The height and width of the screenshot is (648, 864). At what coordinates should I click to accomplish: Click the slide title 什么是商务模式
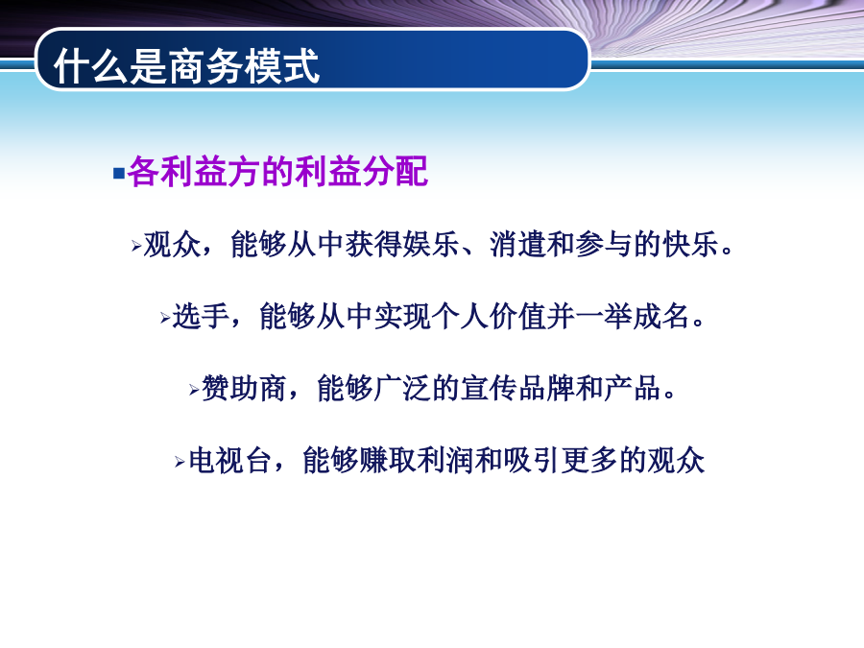(186, 66)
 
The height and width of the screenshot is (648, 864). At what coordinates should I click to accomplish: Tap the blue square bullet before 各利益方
(118, 174)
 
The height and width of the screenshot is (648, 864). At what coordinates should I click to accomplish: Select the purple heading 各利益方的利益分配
(277, 172)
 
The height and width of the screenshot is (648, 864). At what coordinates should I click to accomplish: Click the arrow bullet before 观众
(136, 246)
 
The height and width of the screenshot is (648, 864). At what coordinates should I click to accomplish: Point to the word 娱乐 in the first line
(431, 244)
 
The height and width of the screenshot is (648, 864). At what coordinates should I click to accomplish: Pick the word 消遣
(518, 244)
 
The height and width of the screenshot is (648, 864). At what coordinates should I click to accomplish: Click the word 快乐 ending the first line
(690, 244)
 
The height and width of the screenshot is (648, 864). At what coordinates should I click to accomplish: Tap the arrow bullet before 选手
(165, 318)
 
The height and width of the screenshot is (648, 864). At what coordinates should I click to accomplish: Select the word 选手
(201, 316)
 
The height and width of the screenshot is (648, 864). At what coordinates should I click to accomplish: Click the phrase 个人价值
(489, 316)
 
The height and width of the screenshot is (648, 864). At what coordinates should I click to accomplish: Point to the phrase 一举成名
(633, 316)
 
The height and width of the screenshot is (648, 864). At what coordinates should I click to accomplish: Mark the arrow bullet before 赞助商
(194, 390)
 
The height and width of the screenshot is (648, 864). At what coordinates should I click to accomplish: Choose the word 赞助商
(244, 388)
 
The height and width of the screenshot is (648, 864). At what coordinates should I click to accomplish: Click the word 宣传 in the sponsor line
(489, 388)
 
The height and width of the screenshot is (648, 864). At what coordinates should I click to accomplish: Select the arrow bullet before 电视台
(180, 462)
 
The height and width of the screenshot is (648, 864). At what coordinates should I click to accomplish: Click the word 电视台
(229, 460)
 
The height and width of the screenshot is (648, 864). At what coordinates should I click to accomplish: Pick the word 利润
(445, 460)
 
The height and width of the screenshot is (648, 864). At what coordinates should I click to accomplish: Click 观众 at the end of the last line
(676, 460)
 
